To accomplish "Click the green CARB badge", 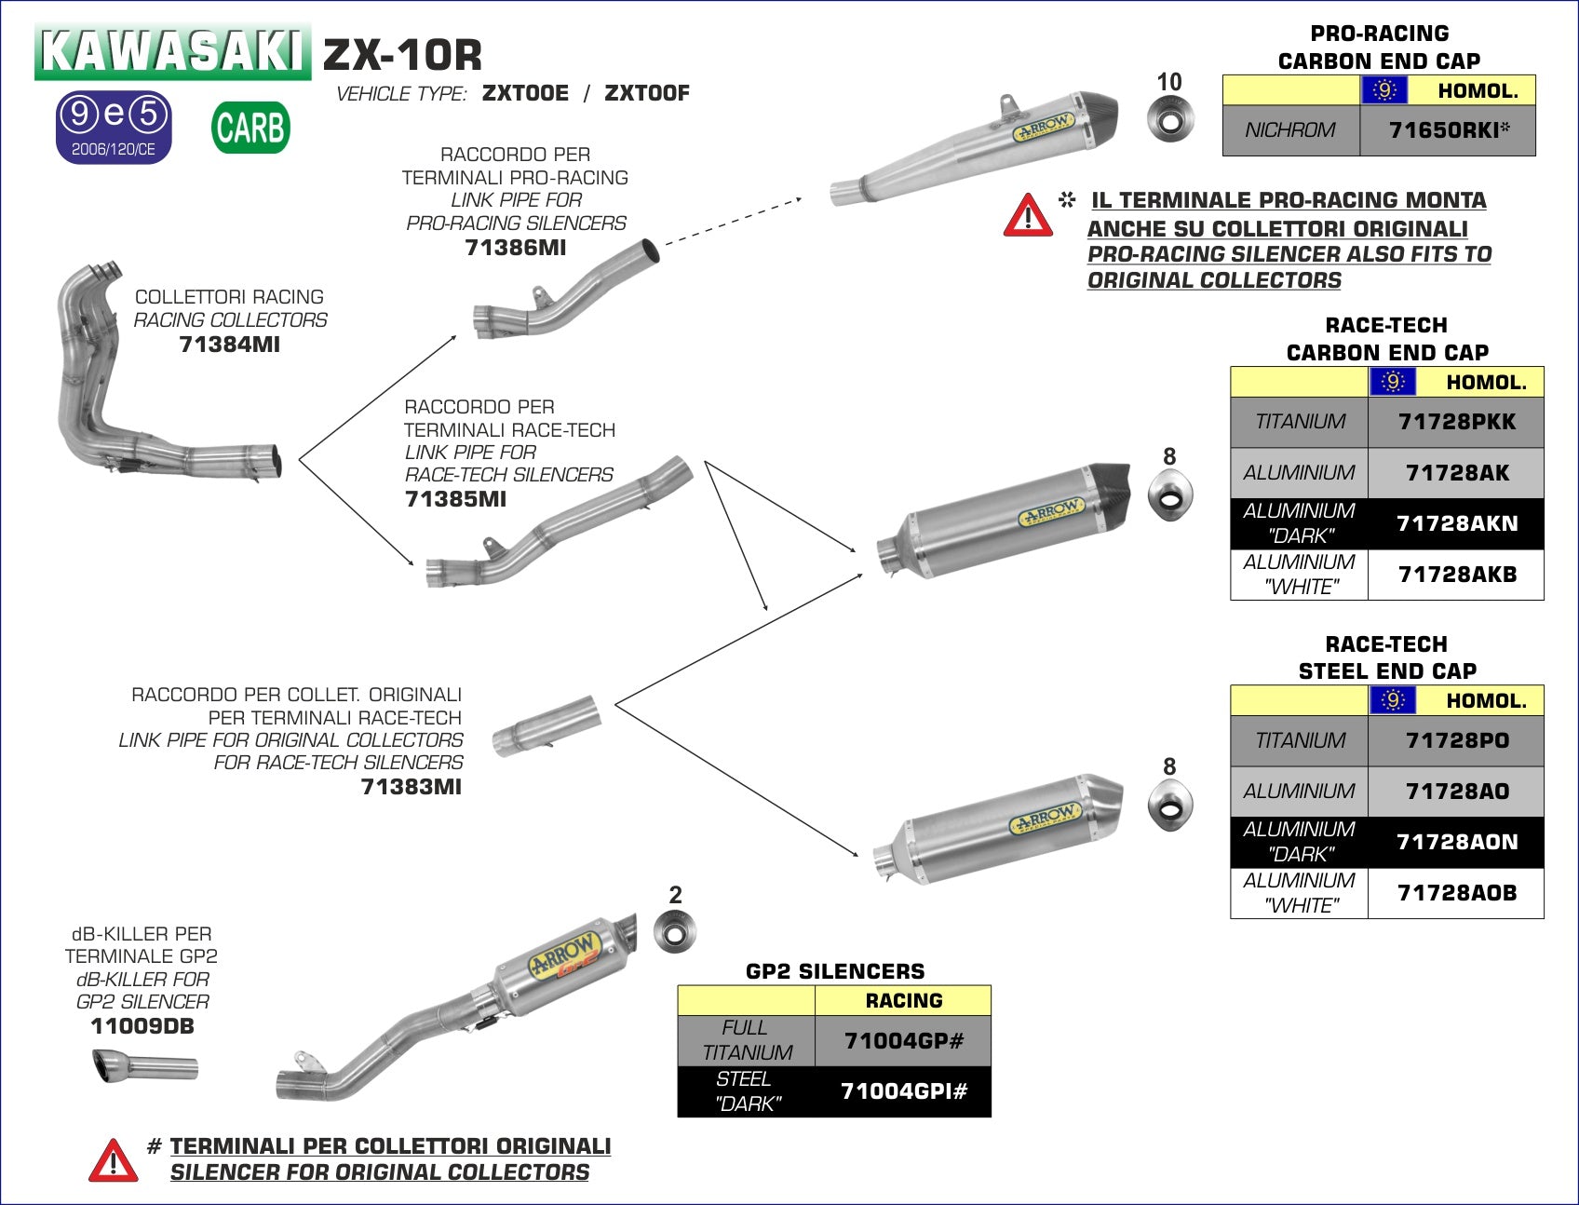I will [250, 128].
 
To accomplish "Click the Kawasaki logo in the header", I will [173, 51].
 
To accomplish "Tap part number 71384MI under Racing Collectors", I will [229, 345].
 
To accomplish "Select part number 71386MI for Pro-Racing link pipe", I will [515, 248].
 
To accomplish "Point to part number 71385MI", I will [455, 499].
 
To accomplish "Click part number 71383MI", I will [411, 787].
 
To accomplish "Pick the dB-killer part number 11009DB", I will [142, 1026].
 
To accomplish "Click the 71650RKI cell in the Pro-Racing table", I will [1448, 130].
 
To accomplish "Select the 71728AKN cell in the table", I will [1456, 523].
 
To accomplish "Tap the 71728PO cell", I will [1456, 741].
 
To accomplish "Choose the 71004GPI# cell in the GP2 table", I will [903, 1091].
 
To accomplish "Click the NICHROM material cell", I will [1290, 130].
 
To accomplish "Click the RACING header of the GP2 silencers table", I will [903, 1001].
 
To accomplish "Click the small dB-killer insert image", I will [144, 1066].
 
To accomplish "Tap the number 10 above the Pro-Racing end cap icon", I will [1168, 82].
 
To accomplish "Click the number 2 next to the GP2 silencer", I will [675, 895].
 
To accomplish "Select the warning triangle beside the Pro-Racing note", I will [1028, 215].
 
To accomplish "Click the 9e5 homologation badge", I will [114, 127].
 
